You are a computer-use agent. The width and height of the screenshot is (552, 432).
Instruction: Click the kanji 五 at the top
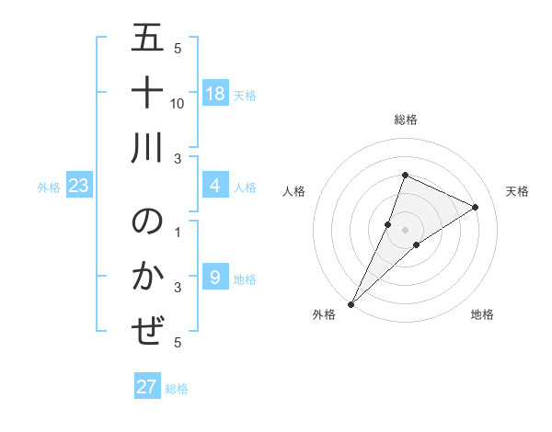tap(148, 40)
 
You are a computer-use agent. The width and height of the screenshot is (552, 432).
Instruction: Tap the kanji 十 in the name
tap(148, 95)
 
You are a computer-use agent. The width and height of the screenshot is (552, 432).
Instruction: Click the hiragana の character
tap(148, 223)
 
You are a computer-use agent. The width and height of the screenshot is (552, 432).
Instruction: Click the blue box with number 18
tap(214, 94)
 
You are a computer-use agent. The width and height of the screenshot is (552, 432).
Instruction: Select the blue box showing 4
tap(214, 187)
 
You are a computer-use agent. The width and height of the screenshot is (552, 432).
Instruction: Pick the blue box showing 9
tap(214, 278)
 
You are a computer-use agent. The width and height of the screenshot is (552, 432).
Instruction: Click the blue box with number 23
tap(79, 187)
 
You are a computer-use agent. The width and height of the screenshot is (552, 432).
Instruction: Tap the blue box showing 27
tap(147, 387)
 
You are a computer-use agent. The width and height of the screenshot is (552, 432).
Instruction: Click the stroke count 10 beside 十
tap(178, 104)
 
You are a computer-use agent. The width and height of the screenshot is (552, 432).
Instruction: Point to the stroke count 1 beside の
tap(178, 232)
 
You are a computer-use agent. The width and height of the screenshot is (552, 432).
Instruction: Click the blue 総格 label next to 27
tap(177, 389)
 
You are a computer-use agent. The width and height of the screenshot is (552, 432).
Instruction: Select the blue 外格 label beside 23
tap(49, 188)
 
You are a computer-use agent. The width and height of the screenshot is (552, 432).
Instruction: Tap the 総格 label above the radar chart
tap(406, 119)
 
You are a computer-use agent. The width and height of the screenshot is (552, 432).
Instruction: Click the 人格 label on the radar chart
tap(294, 190)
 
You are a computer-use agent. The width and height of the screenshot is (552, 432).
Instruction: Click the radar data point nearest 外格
tap(351, 303)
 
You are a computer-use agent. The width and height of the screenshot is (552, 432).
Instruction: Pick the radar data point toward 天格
tap(476, 207)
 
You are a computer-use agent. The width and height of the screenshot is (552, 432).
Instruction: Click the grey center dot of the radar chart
tap(406, 229)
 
